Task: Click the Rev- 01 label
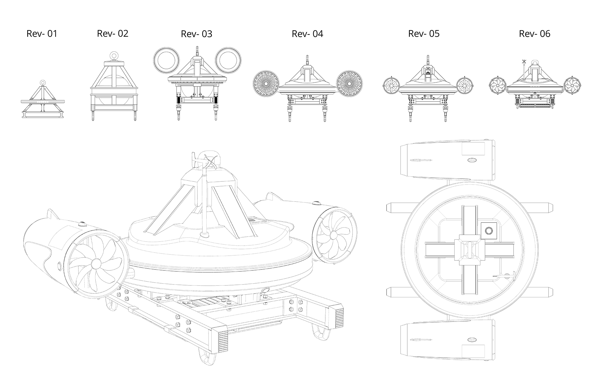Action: (42, 34)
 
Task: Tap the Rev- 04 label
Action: (307, 34)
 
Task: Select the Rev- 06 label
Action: (535, 34)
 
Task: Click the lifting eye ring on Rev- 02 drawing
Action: (113, 56)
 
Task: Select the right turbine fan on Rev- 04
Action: (349, 83)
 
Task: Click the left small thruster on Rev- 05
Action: (391, 85)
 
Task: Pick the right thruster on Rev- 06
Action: (572, 85)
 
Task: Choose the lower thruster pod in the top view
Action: (447, 340)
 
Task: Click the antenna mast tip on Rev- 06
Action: (523, 61)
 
